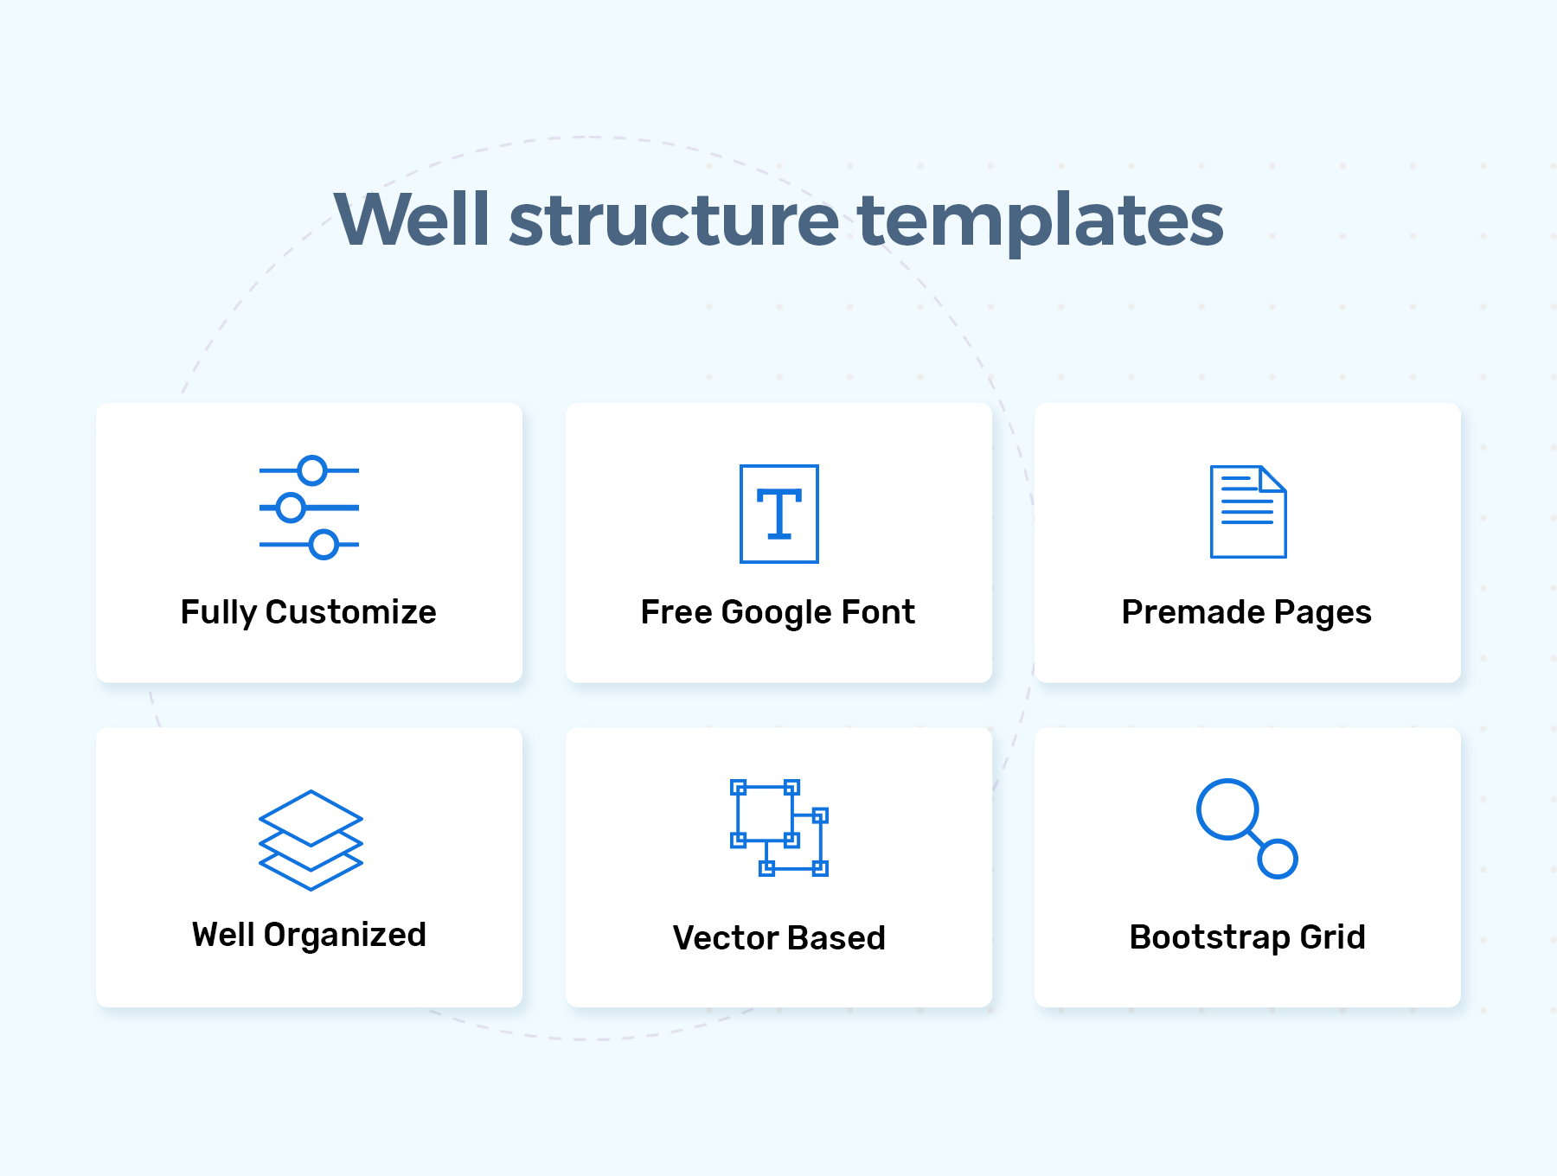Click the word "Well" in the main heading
[413, 219]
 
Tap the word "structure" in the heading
[674, 219]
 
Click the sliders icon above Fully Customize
[309, 508]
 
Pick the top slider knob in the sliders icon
[311, 470]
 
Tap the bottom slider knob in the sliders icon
[324, 545]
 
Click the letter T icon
[778, 514]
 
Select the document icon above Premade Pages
[1247, 512]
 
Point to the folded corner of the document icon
[1272, 479]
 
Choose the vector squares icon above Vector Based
[778, 828]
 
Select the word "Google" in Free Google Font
[776, 613]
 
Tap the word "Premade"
[1193, 612]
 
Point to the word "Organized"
[344, 936]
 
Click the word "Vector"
[726, 937]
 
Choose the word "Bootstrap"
[1209, 938]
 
